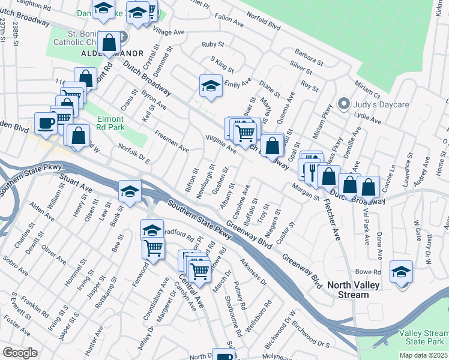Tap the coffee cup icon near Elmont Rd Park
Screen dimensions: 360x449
(46, 124)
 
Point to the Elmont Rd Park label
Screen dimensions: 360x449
(110, 123)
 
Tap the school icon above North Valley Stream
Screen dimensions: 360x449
(401, 271)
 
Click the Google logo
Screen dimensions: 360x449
(20, 352)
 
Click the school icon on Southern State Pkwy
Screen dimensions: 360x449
(130, 191)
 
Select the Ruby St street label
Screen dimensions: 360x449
(213, 45)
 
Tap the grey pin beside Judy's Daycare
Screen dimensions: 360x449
(343, 103)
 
